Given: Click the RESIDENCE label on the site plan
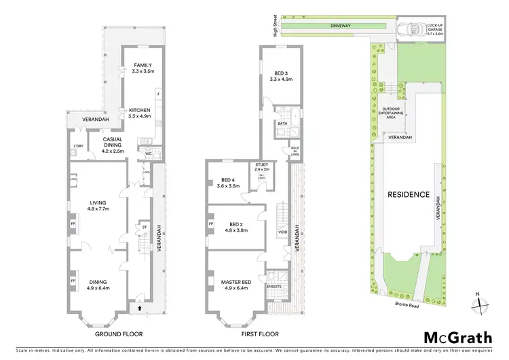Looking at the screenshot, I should (x=409, y=194).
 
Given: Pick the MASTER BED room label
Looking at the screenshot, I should (x=235, y=281).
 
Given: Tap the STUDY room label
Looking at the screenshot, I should (x=262, y=166).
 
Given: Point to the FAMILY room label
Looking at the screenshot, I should (x=143, y=67).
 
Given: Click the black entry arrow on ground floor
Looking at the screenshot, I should (x=140, y=308).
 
